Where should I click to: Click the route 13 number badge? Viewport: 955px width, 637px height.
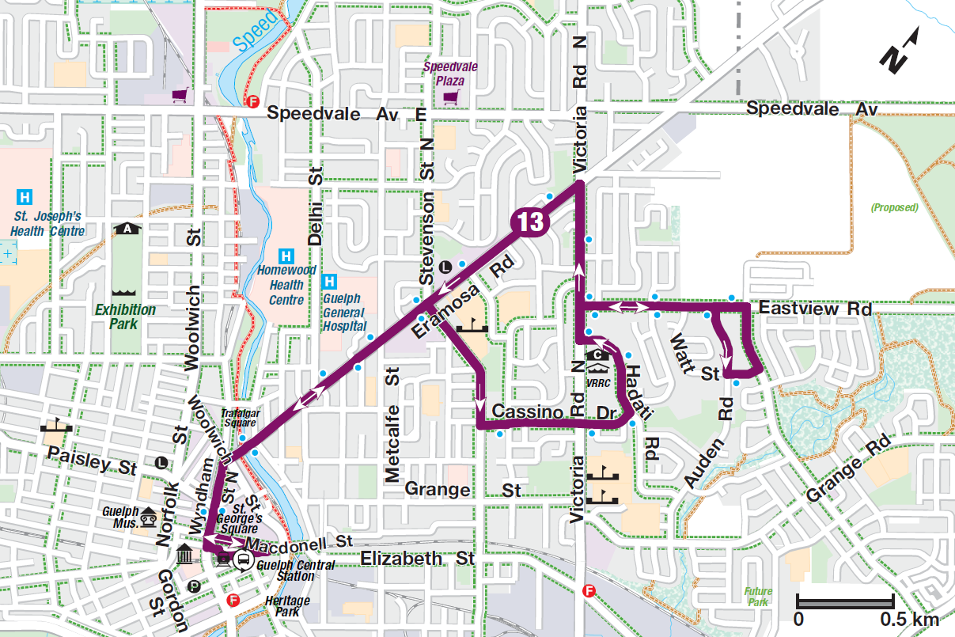[x=530, y=222]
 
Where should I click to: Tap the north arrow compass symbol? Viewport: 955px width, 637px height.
[x=901, y=53]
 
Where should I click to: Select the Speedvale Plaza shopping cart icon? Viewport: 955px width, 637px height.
[x=451, y=97]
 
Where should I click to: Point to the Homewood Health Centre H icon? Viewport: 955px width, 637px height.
[x=286, y=256]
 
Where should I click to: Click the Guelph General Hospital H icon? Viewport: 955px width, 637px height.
[x=331, y=281]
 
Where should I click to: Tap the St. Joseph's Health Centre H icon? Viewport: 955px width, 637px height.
[x=26, y=195]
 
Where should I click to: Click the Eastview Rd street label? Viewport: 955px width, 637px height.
[x=814, y=309]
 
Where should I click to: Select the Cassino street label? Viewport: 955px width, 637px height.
[x=529, y=412]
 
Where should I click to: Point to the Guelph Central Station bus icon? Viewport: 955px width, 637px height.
[x=242, y=561]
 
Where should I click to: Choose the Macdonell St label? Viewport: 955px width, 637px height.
[x=297, y=544]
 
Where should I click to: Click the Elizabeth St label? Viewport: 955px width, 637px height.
[x=417, y=559]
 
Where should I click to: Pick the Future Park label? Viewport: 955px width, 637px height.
[x=756, y=597]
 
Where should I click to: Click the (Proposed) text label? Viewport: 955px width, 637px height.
[x=894, y=208]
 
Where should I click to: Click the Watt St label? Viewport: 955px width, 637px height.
[x=693, y=355]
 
